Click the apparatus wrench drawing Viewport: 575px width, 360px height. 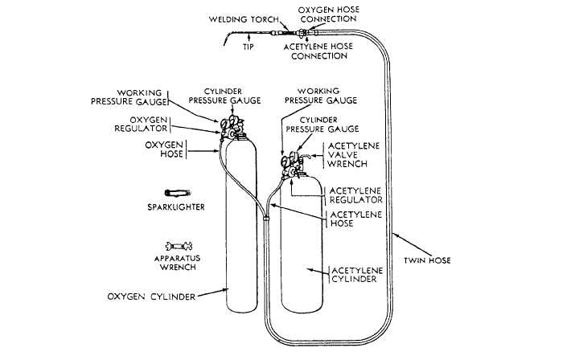click(176, 245)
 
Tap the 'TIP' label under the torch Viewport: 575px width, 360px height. click(248, 47)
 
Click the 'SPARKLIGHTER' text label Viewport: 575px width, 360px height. click(176, 207)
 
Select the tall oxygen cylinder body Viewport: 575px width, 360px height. click(240, 233)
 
